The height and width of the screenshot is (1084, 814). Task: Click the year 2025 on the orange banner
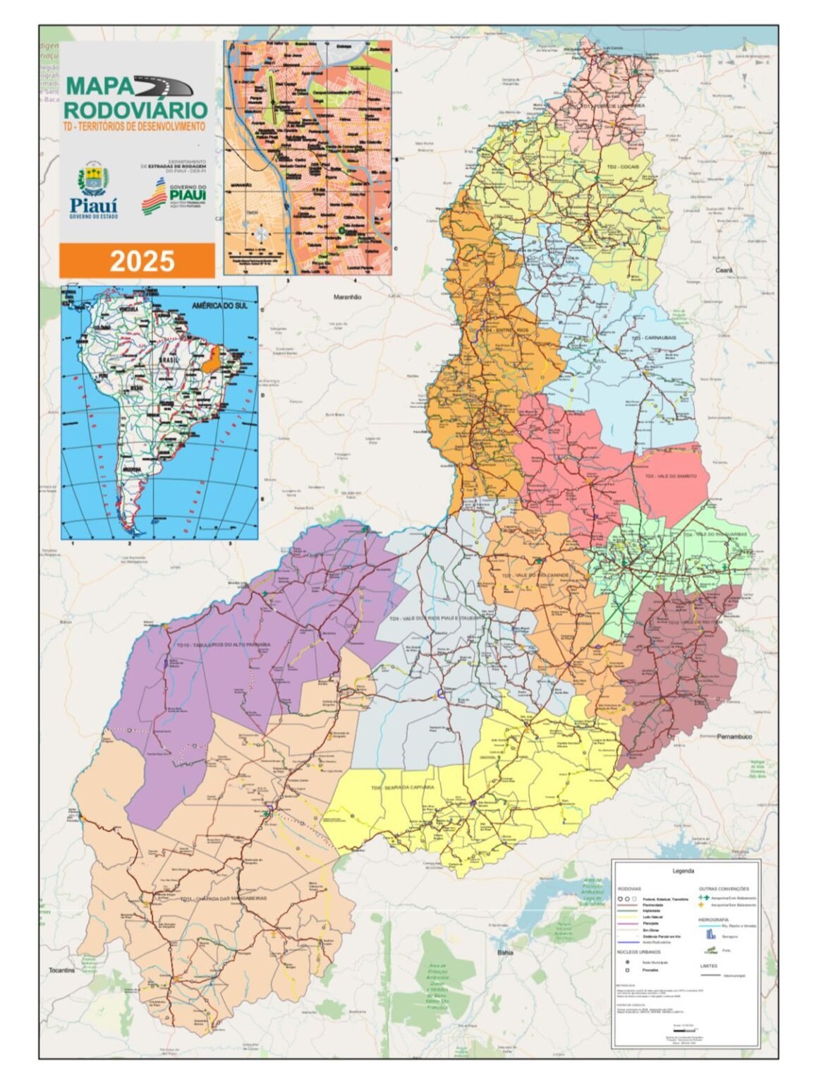pos(142,261)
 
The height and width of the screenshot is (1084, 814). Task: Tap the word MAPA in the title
pos(99,86)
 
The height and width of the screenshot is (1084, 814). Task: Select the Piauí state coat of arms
pos(93,180)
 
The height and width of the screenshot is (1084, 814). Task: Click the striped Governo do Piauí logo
pos(153,197)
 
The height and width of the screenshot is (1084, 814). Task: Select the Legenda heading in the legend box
pos(683,871)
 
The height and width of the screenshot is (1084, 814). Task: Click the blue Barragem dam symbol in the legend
pos(710,934)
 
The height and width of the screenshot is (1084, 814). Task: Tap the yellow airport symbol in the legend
pos(701,904)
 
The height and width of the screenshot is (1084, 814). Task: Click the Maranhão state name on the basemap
pos(347,297)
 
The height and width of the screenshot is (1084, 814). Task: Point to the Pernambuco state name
pos(734,736)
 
